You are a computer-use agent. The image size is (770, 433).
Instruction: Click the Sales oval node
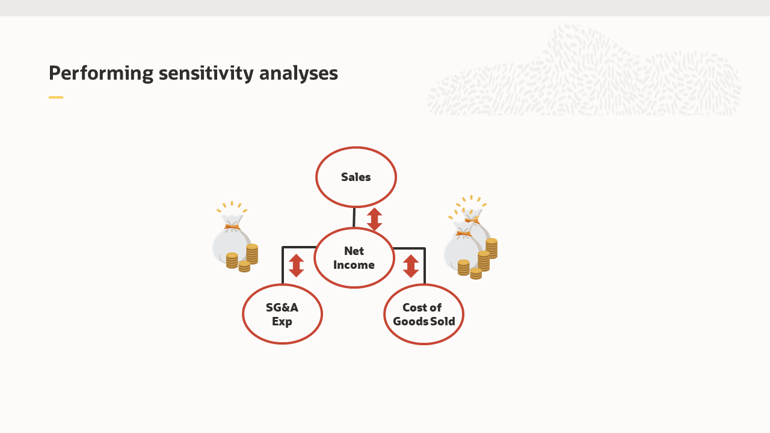tap(356, 177)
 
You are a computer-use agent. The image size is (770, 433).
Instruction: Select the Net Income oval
tap(354, 258)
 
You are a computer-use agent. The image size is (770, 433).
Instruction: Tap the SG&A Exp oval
tap(282, 314)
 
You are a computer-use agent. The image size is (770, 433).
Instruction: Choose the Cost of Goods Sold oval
tap(423, 314)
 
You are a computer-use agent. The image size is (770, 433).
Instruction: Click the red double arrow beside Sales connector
tap(375, 220)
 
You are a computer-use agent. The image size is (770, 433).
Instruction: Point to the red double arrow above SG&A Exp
tap(296, 266)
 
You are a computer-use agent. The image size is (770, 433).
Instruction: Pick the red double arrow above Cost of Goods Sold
tap(411, 266)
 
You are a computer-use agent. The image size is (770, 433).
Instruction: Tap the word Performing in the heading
tap(101, 73)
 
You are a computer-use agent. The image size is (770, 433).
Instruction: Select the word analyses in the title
tap(298, 73)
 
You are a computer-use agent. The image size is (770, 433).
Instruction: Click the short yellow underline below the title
tap(56, 97)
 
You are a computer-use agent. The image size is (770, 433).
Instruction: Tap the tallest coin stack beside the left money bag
tap(252, 254)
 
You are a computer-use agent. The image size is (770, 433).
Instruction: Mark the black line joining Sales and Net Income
tap(354, 218)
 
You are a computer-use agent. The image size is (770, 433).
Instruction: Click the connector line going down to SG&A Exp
tap(283, 265)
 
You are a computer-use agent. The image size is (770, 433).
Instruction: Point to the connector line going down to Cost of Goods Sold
tap(425, 265)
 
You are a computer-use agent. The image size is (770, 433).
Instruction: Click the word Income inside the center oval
tap(354, 265)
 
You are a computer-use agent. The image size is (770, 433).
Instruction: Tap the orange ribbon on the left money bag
tap(232, 227)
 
